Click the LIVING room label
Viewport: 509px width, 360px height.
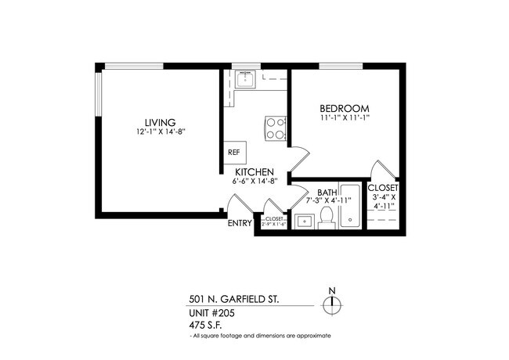[159, 121]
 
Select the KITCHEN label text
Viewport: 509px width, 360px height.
[251, 171]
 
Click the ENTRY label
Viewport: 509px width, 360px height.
[240, 223]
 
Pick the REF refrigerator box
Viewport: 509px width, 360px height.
[234, 152]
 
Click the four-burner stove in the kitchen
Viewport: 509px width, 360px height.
[275, 127]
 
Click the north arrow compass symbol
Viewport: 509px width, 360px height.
[332, 304]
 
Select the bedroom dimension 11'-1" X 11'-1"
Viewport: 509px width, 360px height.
[345, 117]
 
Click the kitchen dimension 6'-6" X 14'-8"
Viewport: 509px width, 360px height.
[251, 181]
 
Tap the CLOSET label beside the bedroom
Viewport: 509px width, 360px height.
[384, 189]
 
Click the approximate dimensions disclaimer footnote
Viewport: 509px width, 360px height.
[261, 336]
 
